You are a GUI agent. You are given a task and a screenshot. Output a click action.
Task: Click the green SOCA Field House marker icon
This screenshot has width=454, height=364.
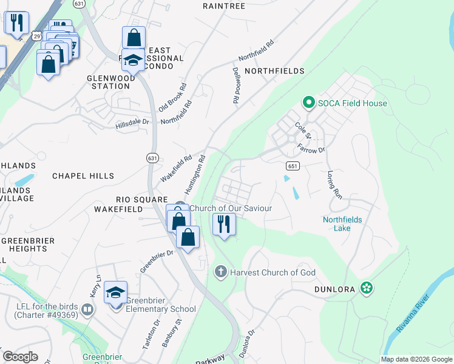tap(308, 103)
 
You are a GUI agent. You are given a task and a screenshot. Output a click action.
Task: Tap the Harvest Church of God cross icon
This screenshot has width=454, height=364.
tap(222, 272)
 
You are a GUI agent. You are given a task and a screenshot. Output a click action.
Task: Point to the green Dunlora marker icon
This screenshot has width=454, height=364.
tap(366, 288)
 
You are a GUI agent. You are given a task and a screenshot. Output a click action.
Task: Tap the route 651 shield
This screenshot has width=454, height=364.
tap(292, 166)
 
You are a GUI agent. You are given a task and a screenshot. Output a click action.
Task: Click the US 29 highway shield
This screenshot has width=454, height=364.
tap(38, 36)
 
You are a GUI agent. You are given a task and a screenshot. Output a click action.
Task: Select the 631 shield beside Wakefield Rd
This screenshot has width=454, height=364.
tap(152, 158)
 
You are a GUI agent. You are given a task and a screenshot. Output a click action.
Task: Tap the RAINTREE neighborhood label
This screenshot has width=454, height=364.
tap(224, 6)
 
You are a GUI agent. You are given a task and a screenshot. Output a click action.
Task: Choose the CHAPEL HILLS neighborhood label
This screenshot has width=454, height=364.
tap(83, 176)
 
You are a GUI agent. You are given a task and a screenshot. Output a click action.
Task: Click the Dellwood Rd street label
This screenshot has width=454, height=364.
tap(235, 85)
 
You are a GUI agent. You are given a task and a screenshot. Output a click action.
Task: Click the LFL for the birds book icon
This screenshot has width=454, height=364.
tap(88, 311)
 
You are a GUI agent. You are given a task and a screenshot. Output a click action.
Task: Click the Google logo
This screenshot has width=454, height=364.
tap(21, 357)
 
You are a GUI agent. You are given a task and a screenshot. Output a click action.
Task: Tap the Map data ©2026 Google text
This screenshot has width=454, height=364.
tap(416, 359)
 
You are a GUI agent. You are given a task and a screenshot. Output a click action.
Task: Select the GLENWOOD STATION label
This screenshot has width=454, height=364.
tap(109, 82)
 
